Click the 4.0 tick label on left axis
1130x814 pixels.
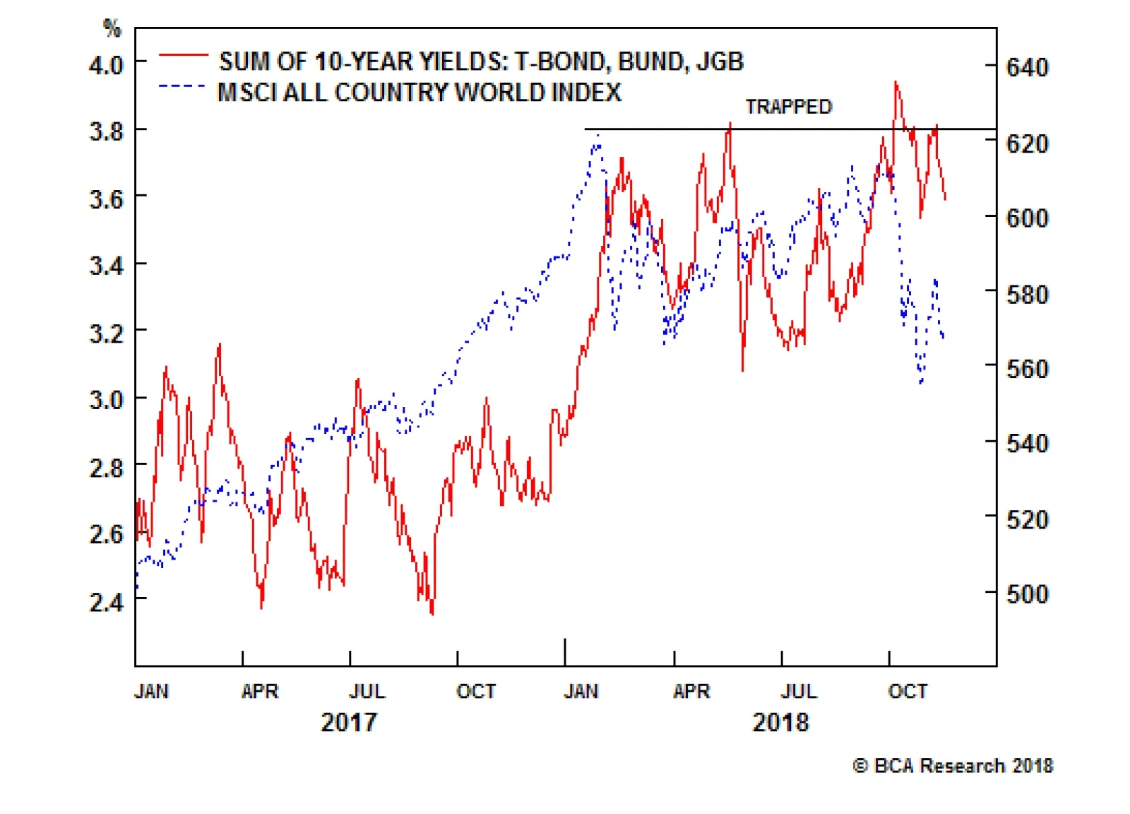tap(106, 65)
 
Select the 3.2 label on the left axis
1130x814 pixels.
tap(106, 332)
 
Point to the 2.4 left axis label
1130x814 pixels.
tap(106, 602)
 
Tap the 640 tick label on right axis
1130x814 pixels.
tap(1027, 68)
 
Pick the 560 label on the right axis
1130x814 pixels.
tap(1027, 369)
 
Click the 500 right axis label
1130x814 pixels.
tap(1027, 594)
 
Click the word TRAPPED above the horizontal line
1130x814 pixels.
tap(789, 107)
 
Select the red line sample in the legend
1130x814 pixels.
tap(183, 54)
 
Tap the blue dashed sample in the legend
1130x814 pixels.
tap(183, 86)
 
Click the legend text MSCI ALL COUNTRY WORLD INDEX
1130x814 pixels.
tap(420, 93)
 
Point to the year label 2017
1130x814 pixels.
tap(349, 722)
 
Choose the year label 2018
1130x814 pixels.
tap(780, 722)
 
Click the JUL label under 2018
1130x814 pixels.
tap(799, 691)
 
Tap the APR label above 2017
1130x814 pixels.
tap(260, 691)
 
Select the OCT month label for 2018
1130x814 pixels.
tap(908, 691)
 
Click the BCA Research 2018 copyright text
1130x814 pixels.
tap(953, 766)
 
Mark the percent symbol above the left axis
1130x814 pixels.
tap(112, 28)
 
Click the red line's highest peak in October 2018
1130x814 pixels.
tap(896, 82)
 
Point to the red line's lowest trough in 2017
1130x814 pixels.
tap(432, 613)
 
